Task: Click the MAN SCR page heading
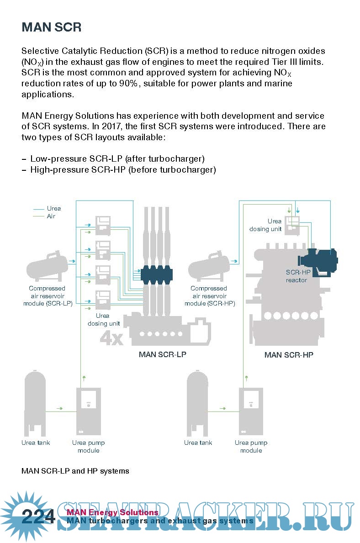pos(51,27)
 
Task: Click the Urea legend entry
pos(53,208)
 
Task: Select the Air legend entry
pos(51,216)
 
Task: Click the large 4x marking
pos(111,338)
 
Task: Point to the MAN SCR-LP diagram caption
pos(162,354)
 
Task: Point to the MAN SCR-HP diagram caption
pos(289,355)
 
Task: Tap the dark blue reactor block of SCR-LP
pos(156,275)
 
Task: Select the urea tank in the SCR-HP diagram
pos(198,404)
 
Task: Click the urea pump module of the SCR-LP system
pos(88,411)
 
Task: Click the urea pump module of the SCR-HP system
pos(251,411)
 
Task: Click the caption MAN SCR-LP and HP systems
pos(75,471)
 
